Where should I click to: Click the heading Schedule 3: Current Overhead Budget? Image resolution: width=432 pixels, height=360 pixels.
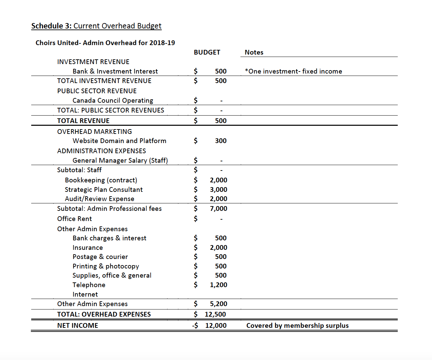pos(96,26)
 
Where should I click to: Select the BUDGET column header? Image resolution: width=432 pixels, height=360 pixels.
pos(207,52)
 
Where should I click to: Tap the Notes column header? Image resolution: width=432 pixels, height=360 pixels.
pos(254,52)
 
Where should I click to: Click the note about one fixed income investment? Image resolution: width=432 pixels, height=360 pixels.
pos(293,71)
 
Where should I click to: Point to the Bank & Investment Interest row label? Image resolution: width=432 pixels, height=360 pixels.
pos(115,71)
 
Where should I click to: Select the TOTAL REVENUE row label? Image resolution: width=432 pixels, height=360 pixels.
pos(83,121)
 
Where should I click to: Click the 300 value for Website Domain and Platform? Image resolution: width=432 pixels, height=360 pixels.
pos(220,141)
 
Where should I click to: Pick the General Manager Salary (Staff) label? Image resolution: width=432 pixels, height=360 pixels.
pos(120,160)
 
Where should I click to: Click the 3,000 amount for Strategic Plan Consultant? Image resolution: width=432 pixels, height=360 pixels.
pos(218,189)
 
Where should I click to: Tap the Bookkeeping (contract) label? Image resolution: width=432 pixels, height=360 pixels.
pos(101,180)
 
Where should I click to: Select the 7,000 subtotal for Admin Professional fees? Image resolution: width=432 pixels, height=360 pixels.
pos(218,208)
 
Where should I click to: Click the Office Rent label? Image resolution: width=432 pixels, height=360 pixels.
pos(75,219)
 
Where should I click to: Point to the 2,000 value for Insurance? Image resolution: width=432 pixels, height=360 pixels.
pos(218,247)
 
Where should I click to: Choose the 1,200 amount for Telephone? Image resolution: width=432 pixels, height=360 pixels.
pos(218,285)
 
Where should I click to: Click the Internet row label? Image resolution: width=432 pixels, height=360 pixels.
pos(85,294)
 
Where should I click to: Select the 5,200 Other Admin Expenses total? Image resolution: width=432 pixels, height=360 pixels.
pos(218,304)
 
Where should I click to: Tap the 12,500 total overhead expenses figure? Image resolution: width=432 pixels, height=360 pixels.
pos(215,314)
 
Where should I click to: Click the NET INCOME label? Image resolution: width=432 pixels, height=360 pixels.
pos(78,325)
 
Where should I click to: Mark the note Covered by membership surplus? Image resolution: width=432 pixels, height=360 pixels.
pos(297,325)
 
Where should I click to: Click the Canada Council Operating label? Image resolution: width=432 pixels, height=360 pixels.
pos(113,100)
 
